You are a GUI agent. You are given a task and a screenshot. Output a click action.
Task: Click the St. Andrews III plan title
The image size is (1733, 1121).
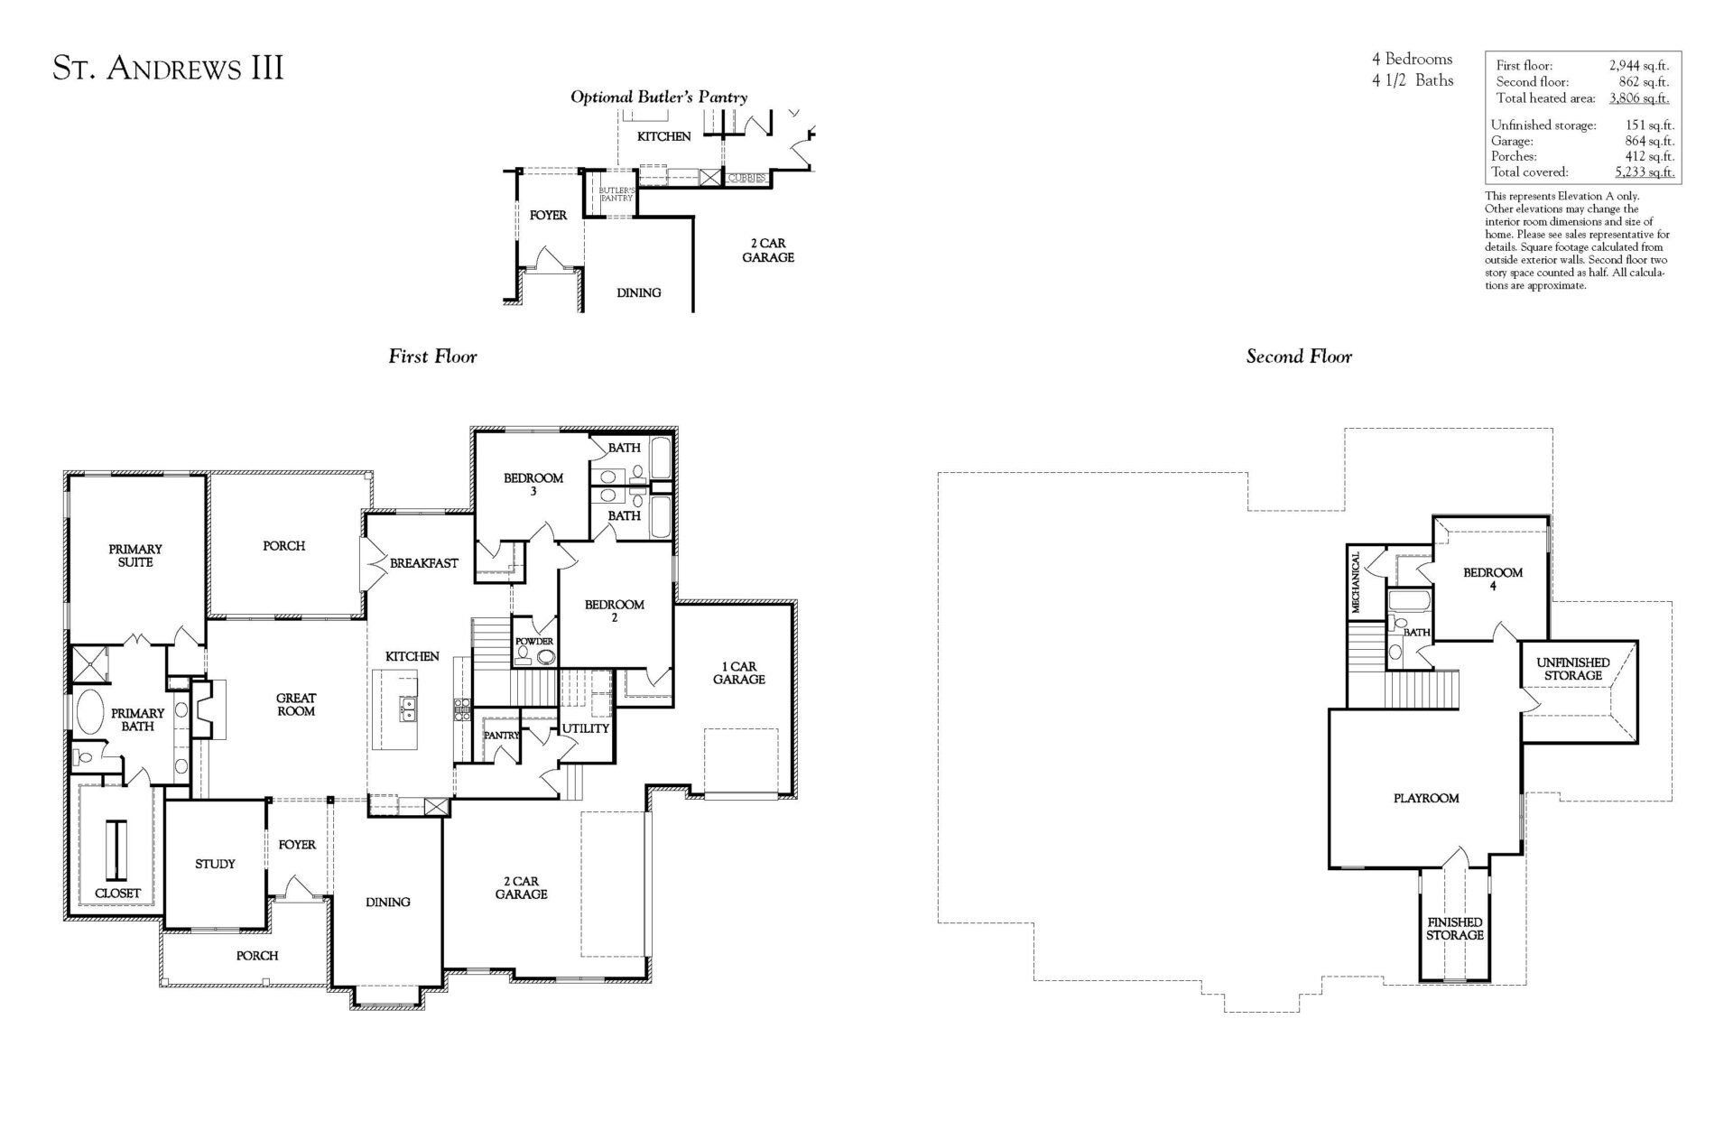(x=168, y=69)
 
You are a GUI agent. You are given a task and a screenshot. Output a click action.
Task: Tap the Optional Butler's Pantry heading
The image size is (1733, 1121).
(x=658, y=97)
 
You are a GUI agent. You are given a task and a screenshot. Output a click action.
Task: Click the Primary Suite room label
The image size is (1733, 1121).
(x=135, y=555)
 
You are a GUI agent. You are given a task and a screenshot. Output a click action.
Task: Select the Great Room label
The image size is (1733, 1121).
(x=296, y=704)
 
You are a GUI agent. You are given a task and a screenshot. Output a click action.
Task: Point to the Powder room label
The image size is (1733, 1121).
(x=534, y=641)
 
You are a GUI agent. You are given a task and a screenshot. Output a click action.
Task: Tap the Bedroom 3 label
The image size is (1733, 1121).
(x=533, y=485)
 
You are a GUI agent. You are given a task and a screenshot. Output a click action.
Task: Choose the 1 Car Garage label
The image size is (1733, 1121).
(x=738, y=672)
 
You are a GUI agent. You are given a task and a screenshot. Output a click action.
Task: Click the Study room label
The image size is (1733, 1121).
(x=215, y=864)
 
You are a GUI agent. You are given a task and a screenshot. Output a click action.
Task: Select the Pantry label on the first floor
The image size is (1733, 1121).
(x=501, y=736)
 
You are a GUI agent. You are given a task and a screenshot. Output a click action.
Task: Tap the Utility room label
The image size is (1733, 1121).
(x=586, y=728)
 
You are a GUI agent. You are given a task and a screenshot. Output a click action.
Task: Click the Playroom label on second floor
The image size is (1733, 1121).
(x=1426, y=798)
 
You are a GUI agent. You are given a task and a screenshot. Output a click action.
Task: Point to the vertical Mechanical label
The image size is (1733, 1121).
(x=1356, y=582)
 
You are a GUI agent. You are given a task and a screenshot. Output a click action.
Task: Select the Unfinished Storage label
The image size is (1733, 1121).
(x=1572, y=669)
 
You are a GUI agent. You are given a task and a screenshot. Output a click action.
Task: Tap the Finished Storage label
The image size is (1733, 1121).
(x=1454, y=929)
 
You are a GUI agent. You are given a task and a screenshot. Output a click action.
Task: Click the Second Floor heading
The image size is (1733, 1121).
(x=1299, y=357)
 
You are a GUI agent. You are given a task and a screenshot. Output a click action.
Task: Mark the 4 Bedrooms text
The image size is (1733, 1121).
(x=1412, y=60)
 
